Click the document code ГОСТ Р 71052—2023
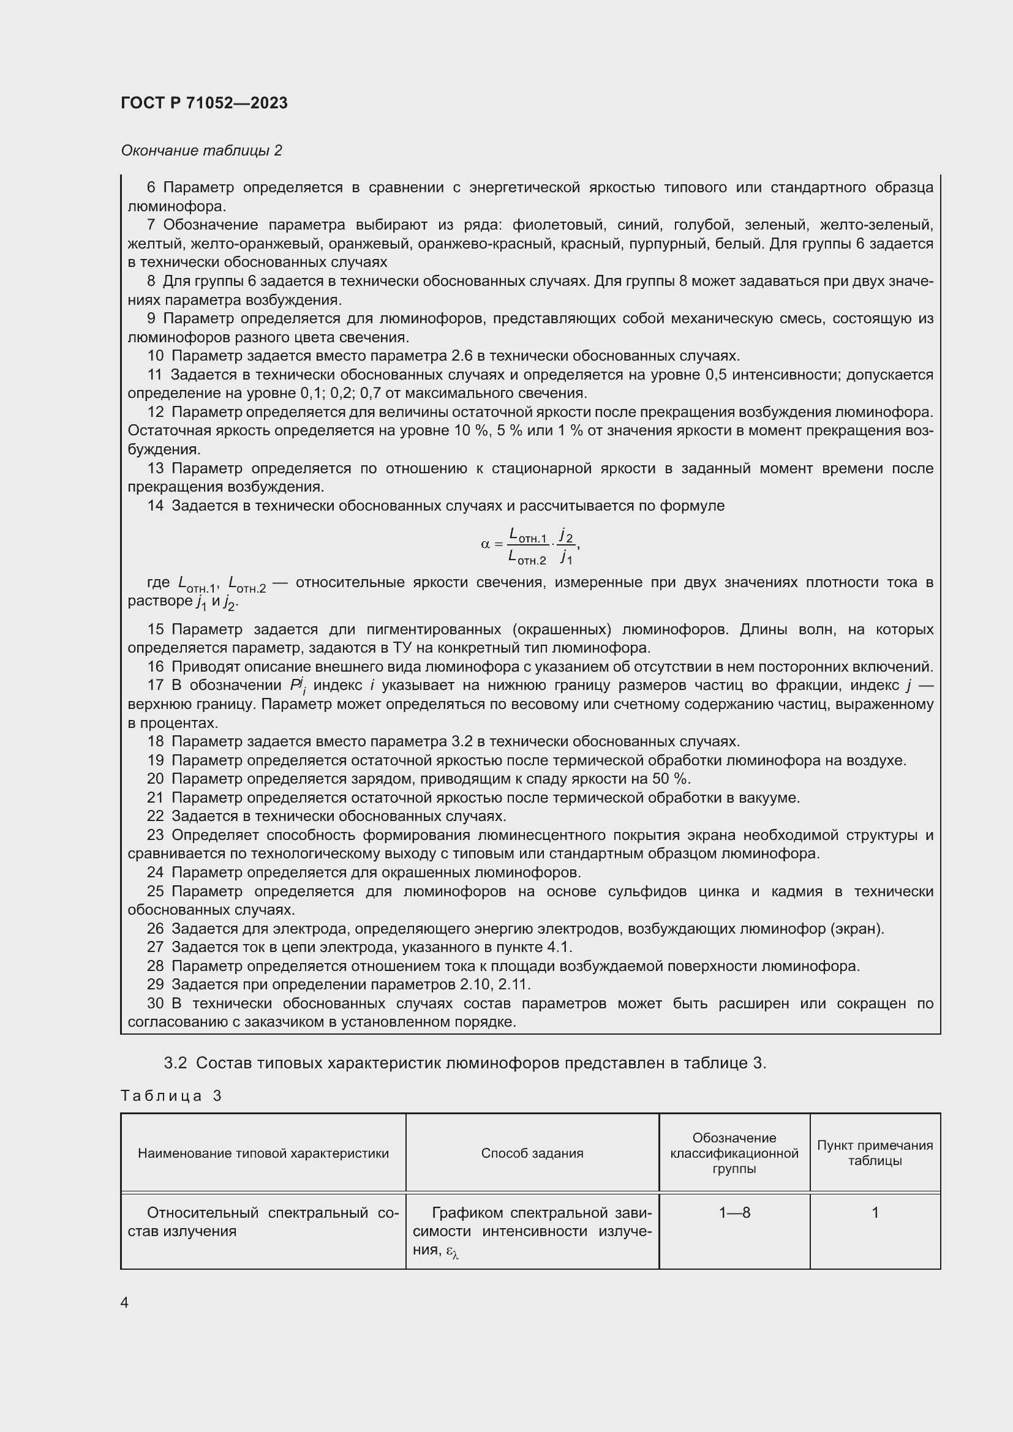pyautogui.click(x=204, y=103)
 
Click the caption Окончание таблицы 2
pyautogui.click(x=201, y=151)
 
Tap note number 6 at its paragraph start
pyautogui.click(x=151, y=188)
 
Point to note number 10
pyautogui.click(x=155, y=356)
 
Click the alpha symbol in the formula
pyautogui.click(x=484, y=544)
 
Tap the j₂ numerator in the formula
pyautogui.click(x=565, y=534)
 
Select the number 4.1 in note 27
pyautogui.click(x=559, y=947)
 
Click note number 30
pyautogui.click(x=155, y=1003)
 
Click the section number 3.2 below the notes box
pyautogui.click(x=175, y=1063)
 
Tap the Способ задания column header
pyautogui.click(x=532, y=1153)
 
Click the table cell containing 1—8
pyautogui.click(x=734, y=1212)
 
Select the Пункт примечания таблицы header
pyautogui.click(x=875, y=1153)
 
